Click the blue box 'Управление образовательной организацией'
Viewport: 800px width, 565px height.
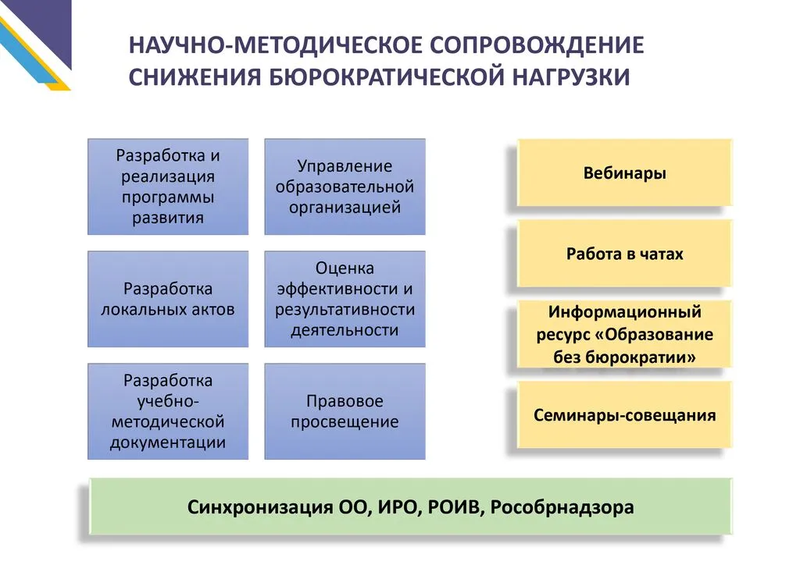point(345,187)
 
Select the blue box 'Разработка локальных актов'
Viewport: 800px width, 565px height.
point(168,299)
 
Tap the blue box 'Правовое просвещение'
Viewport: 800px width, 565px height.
point(345,411)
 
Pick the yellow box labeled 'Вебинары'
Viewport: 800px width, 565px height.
point(624,172)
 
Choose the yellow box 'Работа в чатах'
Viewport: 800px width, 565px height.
point(624,253)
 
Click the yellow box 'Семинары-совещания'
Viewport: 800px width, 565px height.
point(624,414)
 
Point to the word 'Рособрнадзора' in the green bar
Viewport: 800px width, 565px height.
point(562,507)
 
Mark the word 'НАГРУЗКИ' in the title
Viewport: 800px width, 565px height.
point(571,77)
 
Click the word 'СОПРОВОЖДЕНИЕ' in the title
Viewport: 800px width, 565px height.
point(537,44)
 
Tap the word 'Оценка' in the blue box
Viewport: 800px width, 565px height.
point(345,268)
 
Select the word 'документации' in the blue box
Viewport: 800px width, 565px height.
point(168,442)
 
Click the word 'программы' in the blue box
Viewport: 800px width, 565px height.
point(168,197)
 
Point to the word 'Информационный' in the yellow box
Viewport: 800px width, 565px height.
point(624,312)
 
